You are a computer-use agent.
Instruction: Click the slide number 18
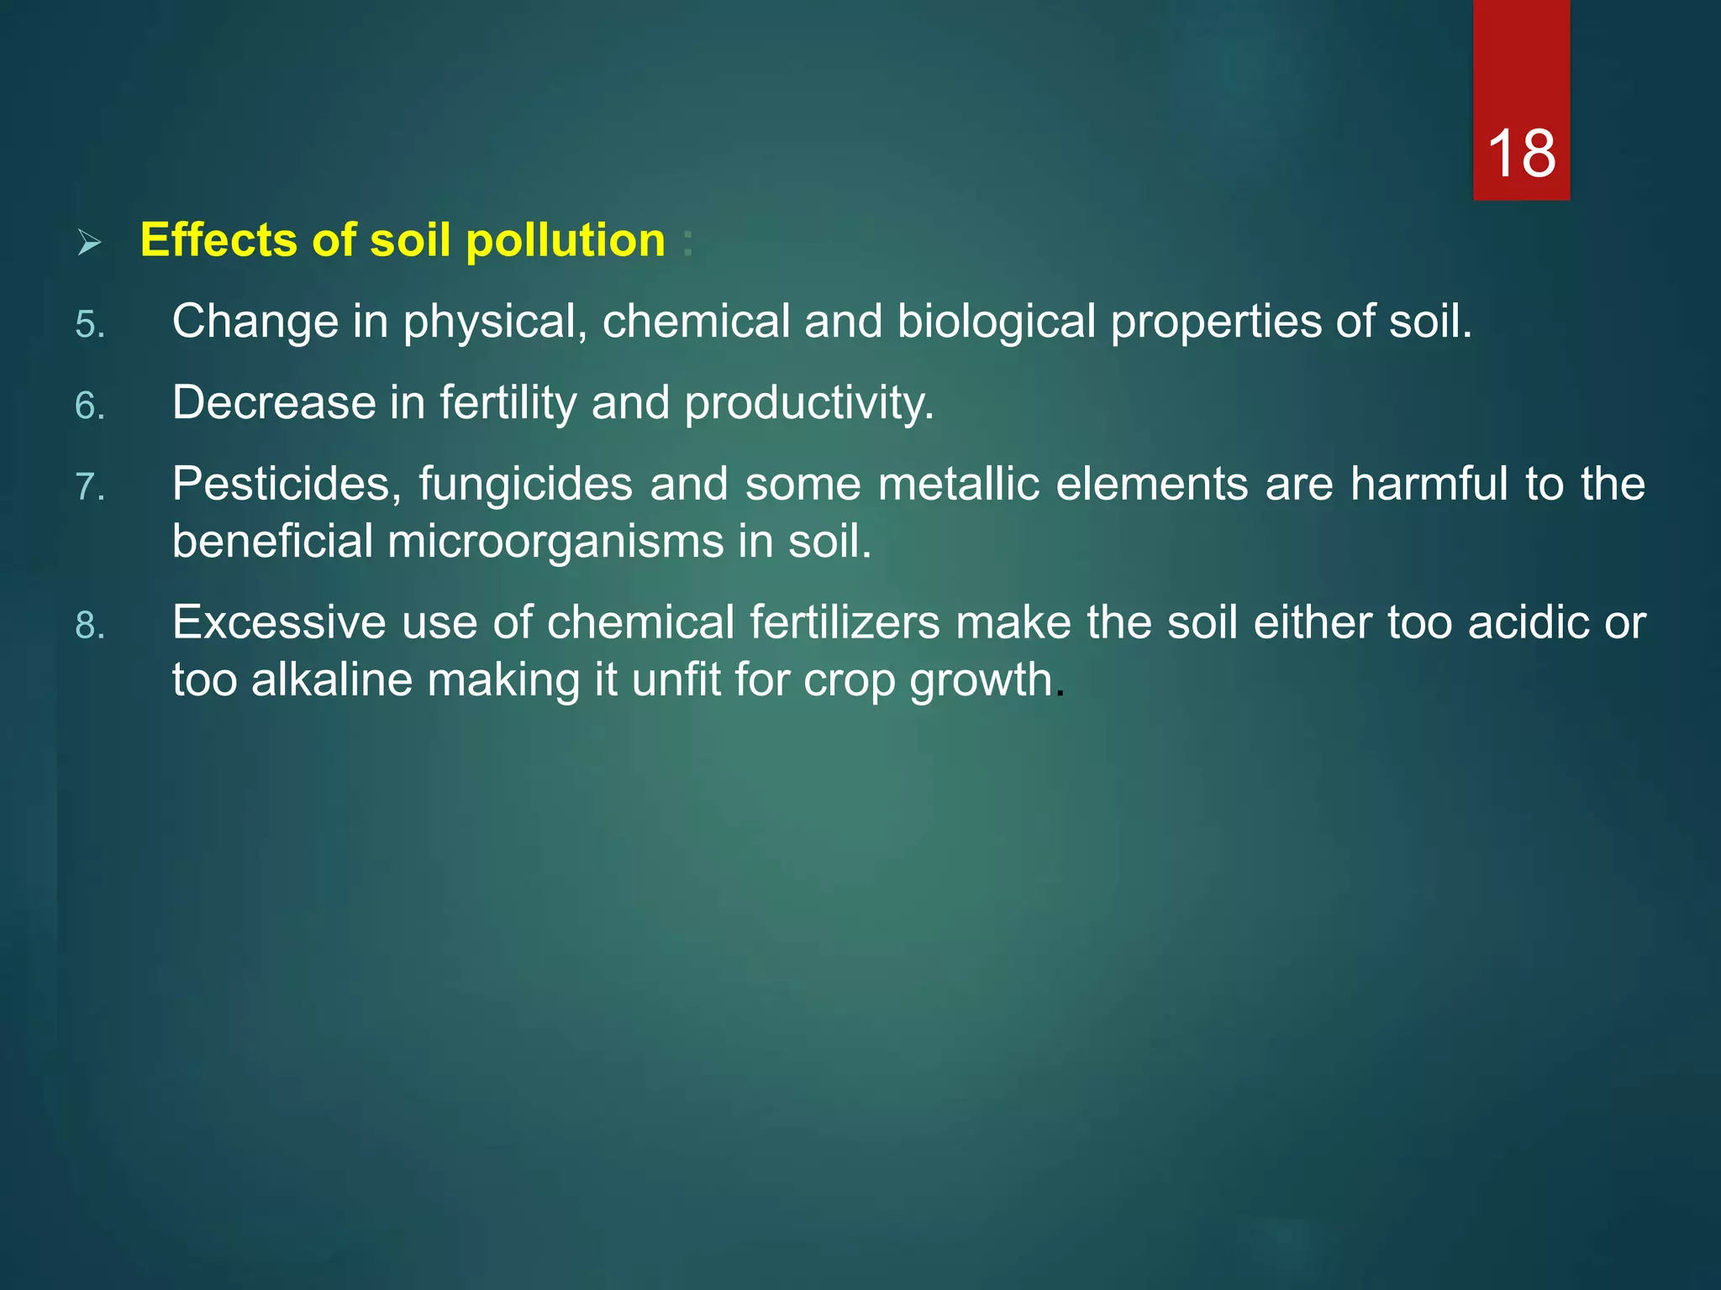[1521, 154]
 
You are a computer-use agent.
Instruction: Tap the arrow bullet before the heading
[89, 244]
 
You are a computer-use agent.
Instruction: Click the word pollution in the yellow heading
[566, 241]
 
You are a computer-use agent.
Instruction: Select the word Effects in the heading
[218, 240]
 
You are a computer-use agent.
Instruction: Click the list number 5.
[90, 324]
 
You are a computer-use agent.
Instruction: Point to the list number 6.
[90, 406]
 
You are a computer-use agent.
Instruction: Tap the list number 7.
[90, 487]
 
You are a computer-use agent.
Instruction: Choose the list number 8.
[90, 626]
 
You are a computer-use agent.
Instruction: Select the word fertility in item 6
[508, 403]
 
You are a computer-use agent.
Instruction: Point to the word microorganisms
[555, 541]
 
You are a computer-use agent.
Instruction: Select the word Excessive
[279, 623]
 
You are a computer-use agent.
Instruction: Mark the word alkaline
[331, 679]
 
